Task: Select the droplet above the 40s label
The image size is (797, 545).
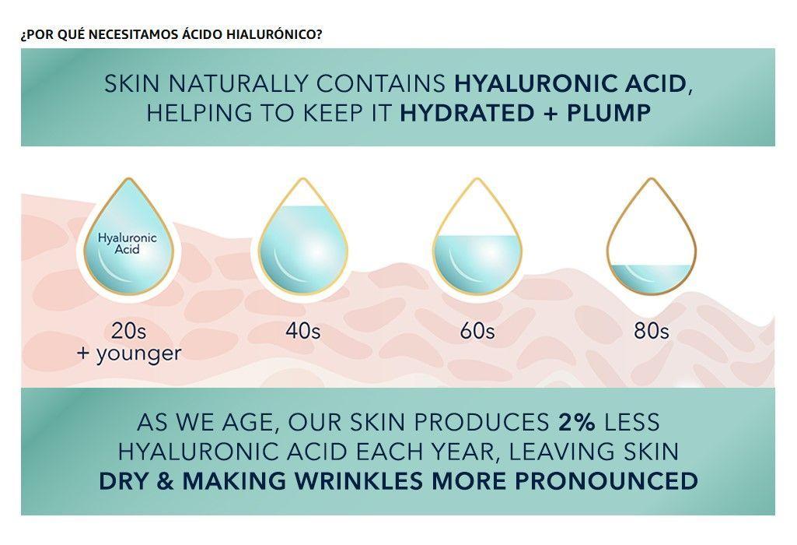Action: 302,237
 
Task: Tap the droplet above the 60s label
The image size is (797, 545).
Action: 476,237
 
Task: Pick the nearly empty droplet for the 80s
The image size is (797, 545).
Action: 651,237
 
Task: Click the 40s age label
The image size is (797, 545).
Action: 302,331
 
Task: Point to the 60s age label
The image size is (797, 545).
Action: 477,331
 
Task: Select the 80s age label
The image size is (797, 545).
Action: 651,331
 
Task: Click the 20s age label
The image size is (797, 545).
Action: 128,331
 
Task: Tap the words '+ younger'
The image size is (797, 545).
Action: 128,353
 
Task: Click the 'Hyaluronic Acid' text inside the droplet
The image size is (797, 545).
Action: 128,244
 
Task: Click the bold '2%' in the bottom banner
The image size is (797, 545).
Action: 576,422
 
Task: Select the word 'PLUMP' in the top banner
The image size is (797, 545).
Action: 609,113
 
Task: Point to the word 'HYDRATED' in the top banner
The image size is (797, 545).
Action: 463,113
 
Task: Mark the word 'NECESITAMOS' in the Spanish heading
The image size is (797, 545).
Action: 129,35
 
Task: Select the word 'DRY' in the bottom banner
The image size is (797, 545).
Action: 127,480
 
